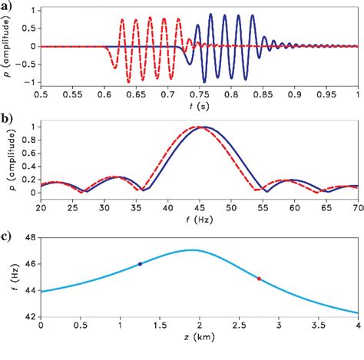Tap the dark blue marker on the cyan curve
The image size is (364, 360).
(x=140, y=264)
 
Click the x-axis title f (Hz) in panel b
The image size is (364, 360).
(x=199, y=226)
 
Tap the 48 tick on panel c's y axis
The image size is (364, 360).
(x=31, y=237)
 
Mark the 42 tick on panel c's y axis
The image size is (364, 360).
(x=31, y=315)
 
